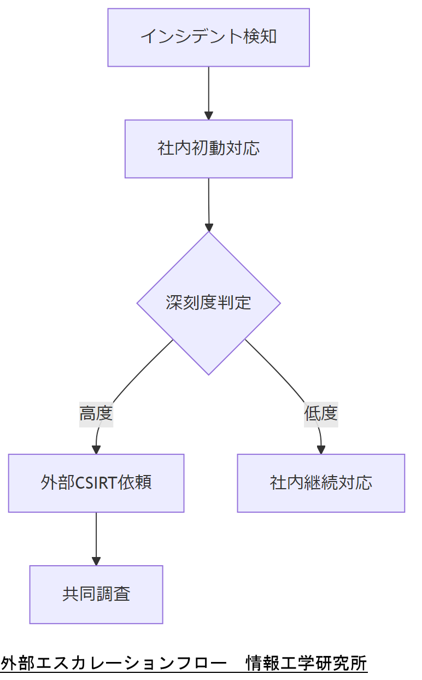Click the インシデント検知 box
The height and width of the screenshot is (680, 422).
[208, 37]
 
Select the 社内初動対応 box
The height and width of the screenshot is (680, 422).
[208, 149]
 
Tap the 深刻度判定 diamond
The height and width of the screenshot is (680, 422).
[208, 303]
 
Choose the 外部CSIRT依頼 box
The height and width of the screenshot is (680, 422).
[96, 483]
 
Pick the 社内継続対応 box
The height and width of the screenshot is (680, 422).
[321, 483]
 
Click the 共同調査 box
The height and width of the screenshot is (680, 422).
[96, 594]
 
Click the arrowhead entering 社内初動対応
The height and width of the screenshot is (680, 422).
[208, 116]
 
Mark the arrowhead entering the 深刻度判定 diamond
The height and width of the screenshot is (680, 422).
[208, 227]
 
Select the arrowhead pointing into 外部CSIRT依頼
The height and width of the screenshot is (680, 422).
[96, 450]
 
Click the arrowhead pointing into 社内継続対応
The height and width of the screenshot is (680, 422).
[321, 450]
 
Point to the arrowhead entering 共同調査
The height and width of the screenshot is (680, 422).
[96, 561]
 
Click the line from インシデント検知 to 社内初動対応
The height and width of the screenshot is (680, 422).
[208, 87]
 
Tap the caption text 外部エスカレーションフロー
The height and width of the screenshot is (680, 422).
[114, 663]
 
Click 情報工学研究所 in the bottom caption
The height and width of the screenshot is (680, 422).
[306, 663]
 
